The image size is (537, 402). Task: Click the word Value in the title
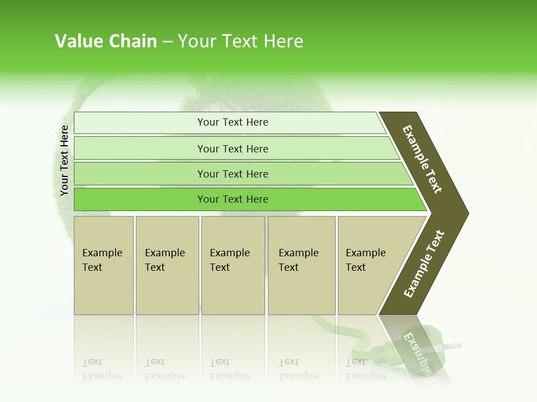pos(78,41)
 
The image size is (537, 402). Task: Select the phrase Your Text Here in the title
pos(241,41)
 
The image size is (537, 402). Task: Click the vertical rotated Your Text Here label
pos(64,161)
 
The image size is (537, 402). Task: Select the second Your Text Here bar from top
pos(233,149)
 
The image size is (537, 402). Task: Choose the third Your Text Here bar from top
pos(233,174)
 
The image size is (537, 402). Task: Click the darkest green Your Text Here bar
pos(233,199)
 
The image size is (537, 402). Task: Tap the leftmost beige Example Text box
pos(103,265)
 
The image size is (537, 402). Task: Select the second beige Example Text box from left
pos(167,265)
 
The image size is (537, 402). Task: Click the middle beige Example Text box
pos(233,265)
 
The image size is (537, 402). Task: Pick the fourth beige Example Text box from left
pos(302,265)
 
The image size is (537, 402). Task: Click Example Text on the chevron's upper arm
pos(422,159)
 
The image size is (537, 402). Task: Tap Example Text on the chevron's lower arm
pos(424,264)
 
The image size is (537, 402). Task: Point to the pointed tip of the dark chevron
pos(467,213)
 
